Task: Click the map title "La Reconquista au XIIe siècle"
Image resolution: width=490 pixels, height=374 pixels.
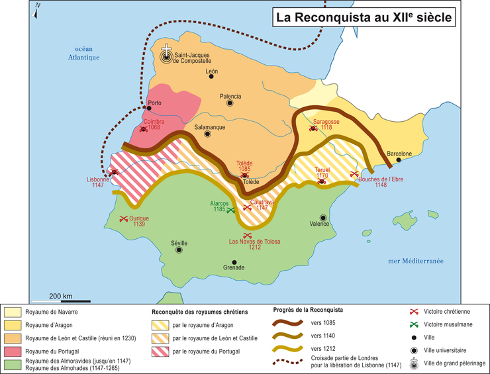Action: (365, 18)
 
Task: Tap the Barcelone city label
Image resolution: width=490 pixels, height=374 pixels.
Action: (399, 154)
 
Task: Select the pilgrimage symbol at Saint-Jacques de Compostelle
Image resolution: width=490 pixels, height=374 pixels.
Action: (167, 54)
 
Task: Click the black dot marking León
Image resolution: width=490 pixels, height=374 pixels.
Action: (211, 77)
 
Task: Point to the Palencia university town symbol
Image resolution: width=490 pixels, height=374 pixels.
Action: (230, 103)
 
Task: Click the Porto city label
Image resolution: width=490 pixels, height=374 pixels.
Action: (155, 103)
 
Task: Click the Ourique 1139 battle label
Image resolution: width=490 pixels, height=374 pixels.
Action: (138, 221)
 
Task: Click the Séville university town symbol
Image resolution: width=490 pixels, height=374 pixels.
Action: (179, 250)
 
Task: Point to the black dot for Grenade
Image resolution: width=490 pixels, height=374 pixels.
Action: (234, 261)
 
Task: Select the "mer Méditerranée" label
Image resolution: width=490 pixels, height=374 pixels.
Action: (415, 261)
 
